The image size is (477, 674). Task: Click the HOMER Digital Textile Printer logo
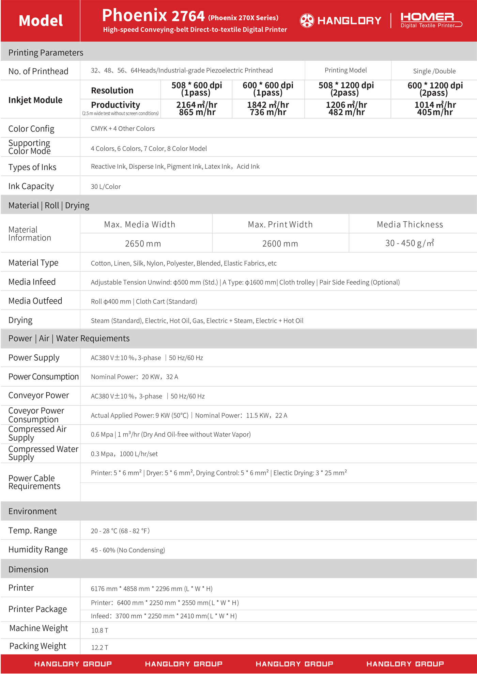(x=431, y=20)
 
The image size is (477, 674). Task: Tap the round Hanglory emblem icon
(x=307, y=20)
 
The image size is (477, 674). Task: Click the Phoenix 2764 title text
(x=153, y=16)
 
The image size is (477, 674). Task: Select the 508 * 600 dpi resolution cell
(x=197, y=89)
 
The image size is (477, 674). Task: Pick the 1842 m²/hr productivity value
(x=268, y=108)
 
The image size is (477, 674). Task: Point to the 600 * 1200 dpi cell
(x=435, y=89)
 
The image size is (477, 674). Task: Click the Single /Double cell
(x=434, y=71)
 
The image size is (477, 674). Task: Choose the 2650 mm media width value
(x=143, y=244)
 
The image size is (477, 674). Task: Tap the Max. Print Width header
(x=280, y=224)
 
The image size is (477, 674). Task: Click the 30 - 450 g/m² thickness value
(x=410, y=243)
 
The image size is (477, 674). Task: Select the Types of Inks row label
(x=32, y=167)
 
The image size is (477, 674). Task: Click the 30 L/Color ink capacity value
(x=106, y=187)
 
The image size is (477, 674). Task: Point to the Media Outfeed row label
(x=35, y=301)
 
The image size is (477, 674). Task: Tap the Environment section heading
(x=32, y=511)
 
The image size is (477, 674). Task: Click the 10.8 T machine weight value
(x=99, y=630)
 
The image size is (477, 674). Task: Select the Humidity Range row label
(x=38, y=550)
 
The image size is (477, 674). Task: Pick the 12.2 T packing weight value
(x=99, y=647)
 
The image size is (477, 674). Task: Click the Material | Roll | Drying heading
(x=49, y=205)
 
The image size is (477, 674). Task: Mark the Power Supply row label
(x=34, y=358)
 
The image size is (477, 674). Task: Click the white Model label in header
(x=41, y=20)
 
